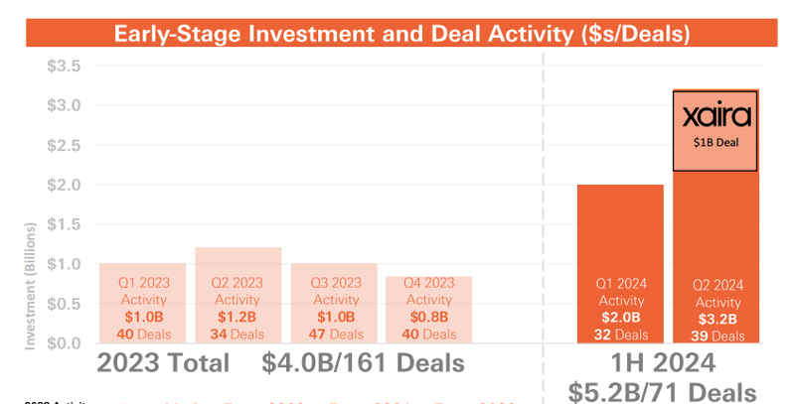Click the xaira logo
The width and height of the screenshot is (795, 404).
[716, 117]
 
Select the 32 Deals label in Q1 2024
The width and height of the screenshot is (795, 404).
[619, 335]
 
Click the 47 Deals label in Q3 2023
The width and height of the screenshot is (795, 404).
[334, 335]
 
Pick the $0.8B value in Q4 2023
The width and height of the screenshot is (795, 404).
[428, 318]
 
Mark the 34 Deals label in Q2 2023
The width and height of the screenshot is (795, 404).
[238, 335]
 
